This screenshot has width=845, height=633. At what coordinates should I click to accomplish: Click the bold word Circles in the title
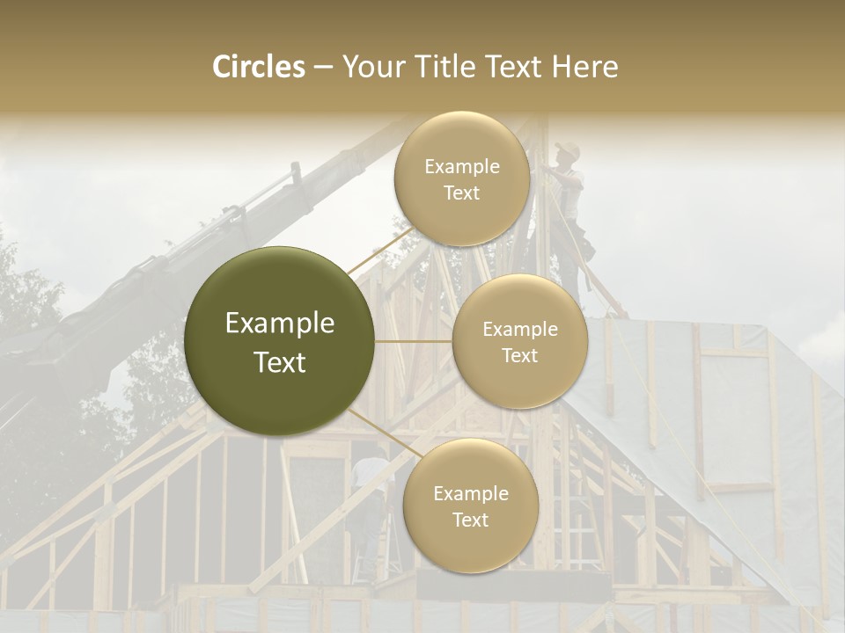point(258,67)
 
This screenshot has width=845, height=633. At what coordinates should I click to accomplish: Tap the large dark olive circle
point(280,341)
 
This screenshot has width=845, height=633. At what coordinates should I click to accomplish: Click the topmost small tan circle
point(462,178)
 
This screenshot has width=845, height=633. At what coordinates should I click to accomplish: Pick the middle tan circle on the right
point(520,341)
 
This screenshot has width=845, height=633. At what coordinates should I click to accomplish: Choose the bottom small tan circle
point(470,506)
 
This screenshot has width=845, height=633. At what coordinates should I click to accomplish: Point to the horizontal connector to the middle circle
point(414,341)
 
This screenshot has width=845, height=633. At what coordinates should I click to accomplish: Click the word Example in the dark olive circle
point(280,324)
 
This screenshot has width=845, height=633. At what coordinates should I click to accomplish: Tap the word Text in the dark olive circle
point(280,362)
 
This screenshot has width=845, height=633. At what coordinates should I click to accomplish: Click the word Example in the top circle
point(462,166)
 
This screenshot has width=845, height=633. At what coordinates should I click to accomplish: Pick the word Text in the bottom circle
point(470,520)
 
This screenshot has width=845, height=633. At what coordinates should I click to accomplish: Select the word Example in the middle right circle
point(520,329)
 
